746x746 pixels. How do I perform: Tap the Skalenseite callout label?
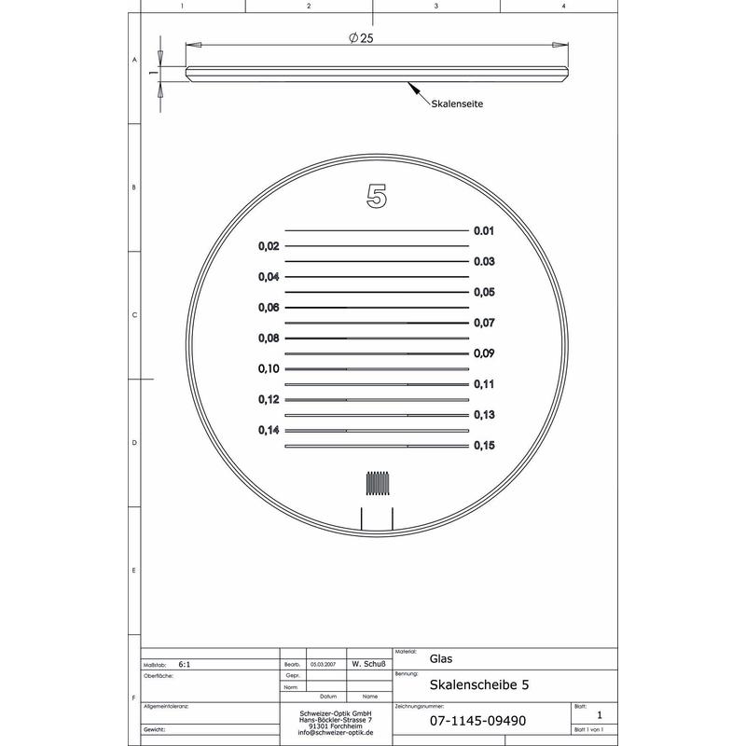pos(455,104)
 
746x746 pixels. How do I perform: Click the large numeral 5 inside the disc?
pos(377,197)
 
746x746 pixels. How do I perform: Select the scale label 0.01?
pos(483,230)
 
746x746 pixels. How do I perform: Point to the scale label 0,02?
pos(269,246)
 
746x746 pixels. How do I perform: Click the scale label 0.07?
pos(483,323)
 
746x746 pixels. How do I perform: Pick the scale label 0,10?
pos(269,369)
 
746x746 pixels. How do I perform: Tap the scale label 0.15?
pos(483,446)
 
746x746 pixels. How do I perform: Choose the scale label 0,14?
pos(269,430)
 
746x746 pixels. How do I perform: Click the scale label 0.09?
pos(483,353)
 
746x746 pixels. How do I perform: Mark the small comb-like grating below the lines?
pos(377,483)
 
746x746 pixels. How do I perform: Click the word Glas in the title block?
pos(441,658)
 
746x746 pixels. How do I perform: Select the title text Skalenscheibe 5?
pos(480,684)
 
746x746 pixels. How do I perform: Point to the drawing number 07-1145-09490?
pos(477,721)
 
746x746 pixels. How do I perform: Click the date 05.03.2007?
pos(323,665)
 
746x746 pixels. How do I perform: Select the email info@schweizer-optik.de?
pos(336,734)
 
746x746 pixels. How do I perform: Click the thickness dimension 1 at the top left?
pos(151,72)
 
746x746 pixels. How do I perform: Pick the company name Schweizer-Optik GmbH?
pos(336,713)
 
